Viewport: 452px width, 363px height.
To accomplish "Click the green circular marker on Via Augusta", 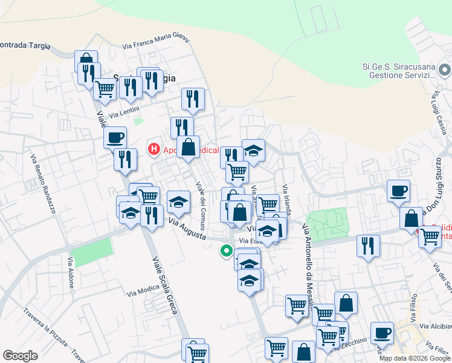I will [x=227, y=250].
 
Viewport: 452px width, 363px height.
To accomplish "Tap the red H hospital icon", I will [x=154, y=148].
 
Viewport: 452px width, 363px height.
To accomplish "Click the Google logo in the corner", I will [x=20, y=356].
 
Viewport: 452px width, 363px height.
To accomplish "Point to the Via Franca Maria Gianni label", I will [x=156, y=43].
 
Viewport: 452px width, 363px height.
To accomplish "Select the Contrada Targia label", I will [x=24, y=45].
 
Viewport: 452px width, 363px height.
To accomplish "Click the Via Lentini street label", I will [x=124, y=113].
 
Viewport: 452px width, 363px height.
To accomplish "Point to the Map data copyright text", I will [x=414, y=358].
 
